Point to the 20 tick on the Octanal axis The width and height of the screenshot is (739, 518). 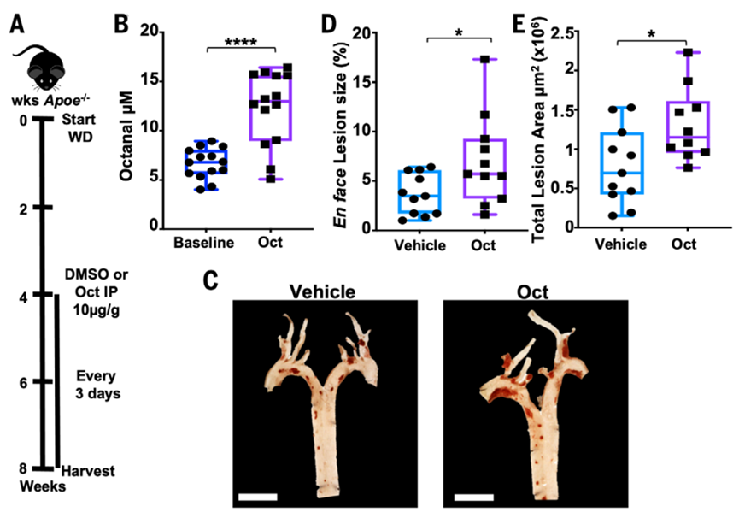(150, 32)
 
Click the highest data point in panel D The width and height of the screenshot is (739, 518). (485, 60)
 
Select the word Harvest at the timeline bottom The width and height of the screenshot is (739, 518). (90, 471)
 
